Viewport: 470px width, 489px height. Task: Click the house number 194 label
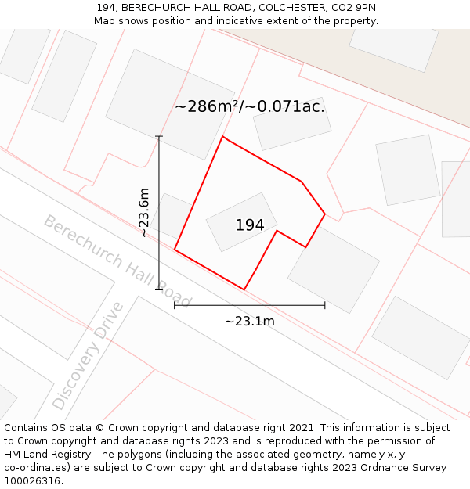(x=250, y=225)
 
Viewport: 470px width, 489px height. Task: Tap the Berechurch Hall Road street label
(x=117, y=261)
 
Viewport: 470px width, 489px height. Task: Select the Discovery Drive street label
(x=88, y=356)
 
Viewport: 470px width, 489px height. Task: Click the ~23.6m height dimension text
(x=143, y=212)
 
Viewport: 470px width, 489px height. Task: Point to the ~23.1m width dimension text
(x=249, y=321)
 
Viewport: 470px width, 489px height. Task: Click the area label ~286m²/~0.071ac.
(x=249, y=106)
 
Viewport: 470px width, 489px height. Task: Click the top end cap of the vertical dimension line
(x=159, y=137)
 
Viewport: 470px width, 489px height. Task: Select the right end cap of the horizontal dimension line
(x=324, y=305)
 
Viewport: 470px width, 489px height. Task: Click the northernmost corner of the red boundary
(x=222, y=137)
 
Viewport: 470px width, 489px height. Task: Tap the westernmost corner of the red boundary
(x=175, y=250)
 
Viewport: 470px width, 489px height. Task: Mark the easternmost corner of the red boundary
(x=325, y=214)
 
